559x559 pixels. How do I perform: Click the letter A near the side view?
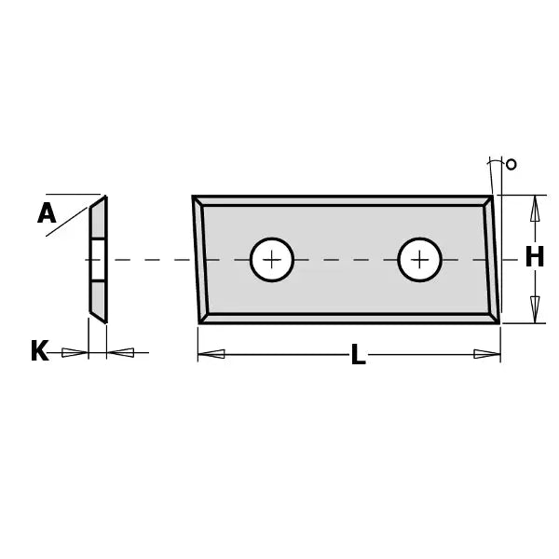click(x=47, y=214)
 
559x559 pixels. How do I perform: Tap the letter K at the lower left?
click(x=39, y=351)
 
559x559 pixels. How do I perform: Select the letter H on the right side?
click(x=534, y=257)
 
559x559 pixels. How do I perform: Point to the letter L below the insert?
click(x=358, y=355)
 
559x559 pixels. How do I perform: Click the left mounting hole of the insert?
click(x=271, y=259)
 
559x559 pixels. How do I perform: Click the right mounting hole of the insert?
click(x=419, y=259)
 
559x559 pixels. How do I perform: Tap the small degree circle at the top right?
click(x=511, y=165)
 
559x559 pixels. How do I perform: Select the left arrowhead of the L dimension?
click(x=211, y=354)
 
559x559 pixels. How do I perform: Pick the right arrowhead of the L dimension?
click(x=486, y=354)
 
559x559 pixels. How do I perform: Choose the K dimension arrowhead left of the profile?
click(x=75, y=352)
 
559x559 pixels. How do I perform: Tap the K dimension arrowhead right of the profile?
click(x=121, y=352)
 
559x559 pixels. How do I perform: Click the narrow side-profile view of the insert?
click(x=98, y=259)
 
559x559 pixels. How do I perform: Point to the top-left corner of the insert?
click(x=194, y=197)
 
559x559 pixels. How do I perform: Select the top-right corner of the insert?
click(x=492, y=197)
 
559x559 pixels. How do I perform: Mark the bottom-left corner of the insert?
click(x=200, y=322)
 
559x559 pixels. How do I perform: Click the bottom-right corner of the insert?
click(x=498, y=322)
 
